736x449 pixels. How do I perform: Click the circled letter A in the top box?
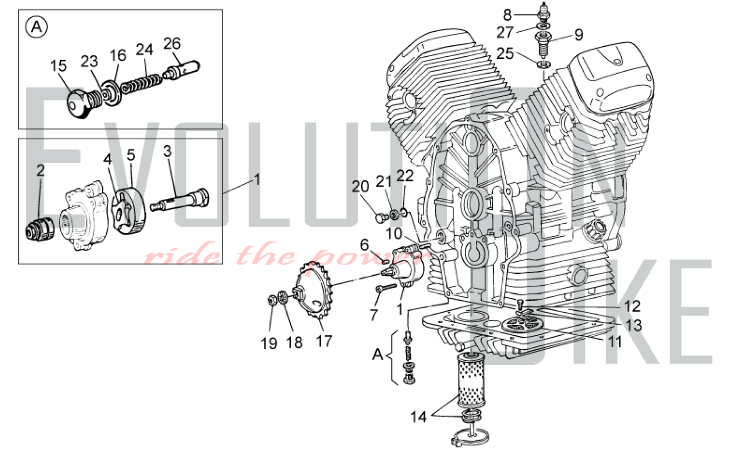coord(36,27)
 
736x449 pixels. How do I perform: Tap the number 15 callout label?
coord(58,66)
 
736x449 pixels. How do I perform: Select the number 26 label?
coord(172,44)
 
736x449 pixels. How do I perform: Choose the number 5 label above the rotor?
coord(131,155)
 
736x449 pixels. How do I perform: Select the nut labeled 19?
coord(273,301)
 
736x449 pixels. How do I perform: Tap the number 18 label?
coord(294,343)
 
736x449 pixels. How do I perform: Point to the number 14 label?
coord(418,417)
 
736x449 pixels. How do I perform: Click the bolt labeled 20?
coord(380,218)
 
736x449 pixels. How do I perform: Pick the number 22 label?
coord(405,176)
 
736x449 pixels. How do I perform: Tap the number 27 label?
coord(505,32)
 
